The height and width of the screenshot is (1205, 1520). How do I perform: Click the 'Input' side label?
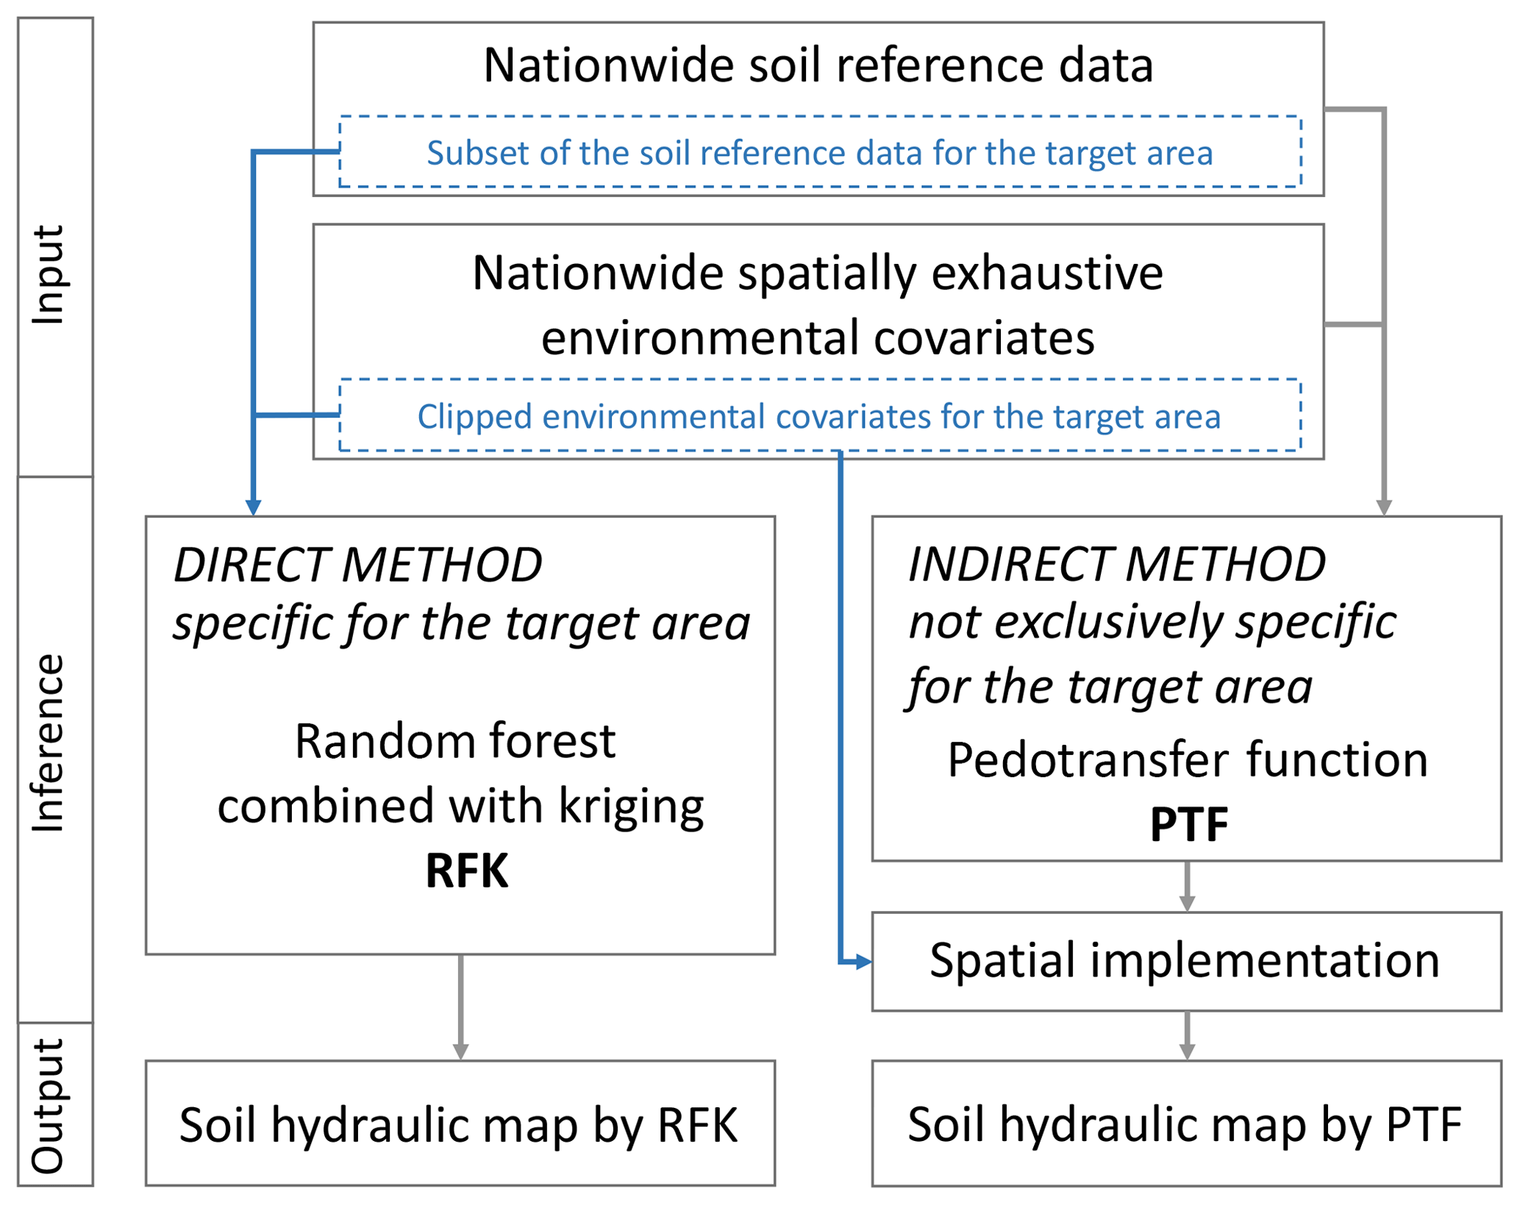point(49,275)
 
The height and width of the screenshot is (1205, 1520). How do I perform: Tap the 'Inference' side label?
point(49,743)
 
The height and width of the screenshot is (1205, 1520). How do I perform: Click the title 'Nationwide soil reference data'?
point(818,65)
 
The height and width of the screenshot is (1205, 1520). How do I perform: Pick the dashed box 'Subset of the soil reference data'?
point(819,153)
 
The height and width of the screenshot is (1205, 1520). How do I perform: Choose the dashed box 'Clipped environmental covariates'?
point(819,416)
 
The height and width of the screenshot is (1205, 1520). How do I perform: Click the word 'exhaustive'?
point(1047,273)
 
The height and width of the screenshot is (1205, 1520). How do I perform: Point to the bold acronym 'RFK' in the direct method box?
point(467,871)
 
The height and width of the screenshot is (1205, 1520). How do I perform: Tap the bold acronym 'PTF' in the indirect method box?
point(1188,824)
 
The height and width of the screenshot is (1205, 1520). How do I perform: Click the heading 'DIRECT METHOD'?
point(358,565)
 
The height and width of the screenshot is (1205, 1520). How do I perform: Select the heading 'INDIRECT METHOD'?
point(1117,565)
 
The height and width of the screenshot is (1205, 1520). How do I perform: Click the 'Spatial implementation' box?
point(1185,961)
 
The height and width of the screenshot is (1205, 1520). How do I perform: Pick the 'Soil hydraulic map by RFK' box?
point(460,1124)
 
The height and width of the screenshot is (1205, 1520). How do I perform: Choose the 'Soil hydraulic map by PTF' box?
point(1185,1124)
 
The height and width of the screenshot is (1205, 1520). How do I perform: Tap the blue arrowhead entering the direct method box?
point(253,507)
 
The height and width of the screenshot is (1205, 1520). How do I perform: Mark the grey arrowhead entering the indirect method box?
point(1383,507)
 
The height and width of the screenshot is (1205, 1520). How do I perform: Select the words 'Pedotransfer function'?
point(1187,759)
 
